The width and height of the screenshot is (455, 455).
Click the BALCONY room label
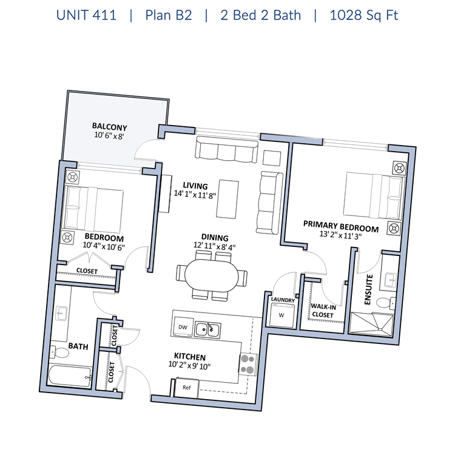pos(109,127)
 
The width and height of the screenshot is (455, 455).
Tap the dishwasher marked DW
pos(183,327)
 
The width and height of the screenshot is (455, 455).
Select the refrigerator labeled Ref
pos(187,388)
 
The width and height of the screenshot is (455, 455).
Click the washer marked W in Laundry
pos(281,315)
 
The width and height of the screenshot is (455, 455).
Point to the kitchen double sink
pos(207,329)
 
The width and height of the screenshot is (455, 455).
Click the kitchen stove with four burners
pos(248,364)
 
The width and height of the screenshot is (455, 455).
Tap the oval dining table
pos(212,275)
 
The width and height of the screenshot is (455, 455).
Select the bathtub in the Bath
pos(70,376)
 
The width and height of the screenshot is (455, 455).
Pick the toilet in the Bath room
pos(59,352)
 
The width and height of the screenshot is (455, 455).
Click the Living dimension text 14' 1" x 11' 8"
pos(195,194)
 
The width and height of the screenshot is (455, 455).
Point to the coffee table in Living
pos(227,199)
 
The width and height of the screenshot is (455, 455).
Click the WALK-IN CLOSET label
pos(323,311)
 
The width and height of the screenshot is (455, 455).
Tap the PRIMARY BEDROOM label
pos(341,226)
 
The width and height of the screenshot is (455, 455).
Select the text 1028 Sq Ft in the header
pos(364,15)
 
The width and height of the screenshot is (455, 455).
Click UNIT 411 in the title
pos(86,15)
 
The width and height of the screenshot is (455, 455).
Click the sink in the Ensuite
pos(391,280)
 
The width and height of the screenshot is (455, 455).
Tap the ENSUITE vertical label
pos(368,289)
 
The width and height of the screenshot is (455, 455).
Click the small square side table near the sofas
pos(272,158)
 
